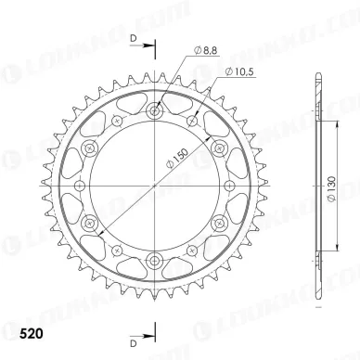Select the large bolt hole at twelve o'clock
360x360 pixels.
(154, 112)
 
